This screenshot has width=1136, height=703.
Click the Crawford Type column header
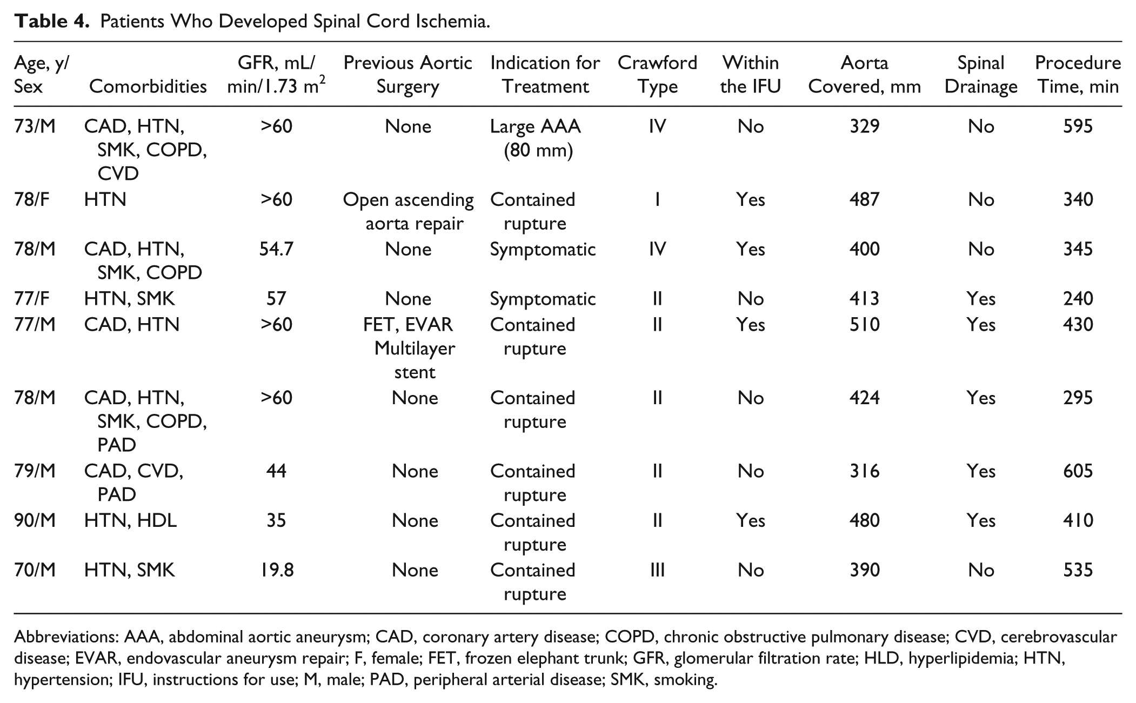coord(657,75)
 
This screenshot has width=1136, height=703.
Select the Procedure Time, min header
coord(1078,75)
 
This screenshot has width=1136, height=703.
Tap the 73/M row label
coord(35,126)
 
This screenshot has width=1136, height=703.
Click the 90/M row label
coord(35,520)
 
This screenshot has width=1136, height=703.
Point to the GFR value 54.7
coord(276,249)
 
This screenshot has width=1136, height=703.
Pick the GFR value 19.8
coord(276,570)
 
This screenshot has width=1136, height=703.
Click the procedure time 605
coord(1078,471)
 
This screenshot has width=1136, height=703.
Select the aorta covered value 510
coord(865,325)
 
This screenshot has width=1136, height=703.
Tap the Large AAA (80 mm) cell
coord(536,138)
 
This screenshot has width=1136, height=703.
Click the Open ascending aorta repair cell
coord(409,211)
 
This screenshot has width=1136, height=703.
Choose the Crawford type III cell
coord(657,570)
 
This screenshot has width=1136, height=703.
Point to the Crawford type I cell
coord(657,200)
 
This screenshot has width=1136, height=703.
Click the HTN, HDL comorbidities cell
coord(130,520)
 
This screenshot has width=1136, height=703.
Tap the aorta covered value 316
coord(865,471)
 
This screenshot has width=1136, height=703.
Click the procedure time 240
coord(1078,299)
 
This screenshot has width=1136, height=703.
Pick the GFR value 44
coord(276,471)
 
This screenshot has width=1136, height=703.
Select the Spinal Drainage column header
coord(981,75)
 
